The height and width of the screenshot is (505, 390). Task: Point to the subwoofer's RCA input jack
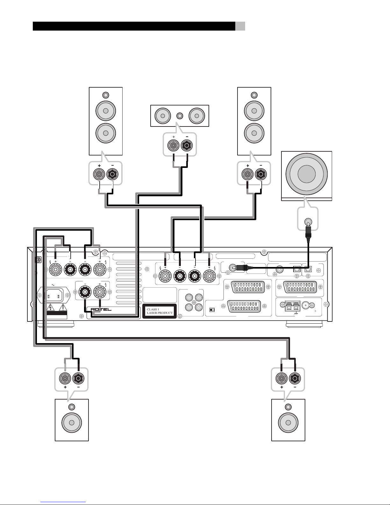point(308,221)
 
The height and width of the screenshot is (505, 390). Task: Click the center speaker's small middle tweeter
point(180,115)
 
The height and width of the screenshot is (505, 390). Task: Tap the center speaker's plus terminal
point(173,146)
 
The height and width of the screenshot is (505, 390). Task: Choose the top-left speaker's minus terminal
point(112,174)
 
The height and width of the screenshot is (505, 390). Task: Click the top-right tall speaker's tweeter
point(254,95)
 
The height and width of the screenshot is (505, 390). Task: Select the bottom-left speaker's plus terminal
point(65,379)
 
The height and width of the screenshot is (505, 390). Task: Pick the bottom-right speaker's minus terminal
point(295,379)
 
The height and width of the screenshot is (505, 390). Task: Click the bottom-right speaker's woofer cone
point(288,422)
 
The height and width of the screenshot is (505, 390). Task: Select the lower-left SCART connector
point(245,306)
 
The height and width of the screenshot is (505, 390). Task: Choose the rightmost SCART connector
point(299,286)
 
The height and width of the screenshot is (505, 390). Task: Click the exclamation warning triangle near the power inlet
point(63,307)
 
